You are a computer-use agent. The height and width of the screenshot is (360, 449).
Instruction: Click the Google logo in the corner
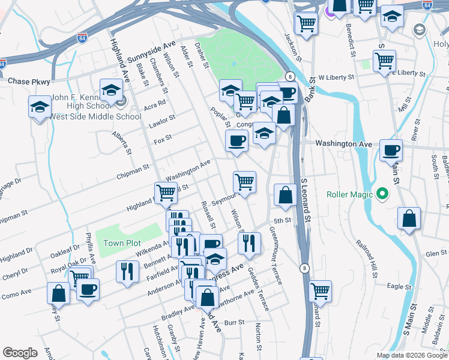[20, 353]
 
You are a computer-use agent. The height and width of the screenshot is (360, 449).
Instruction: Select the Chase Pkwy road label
[28, 80]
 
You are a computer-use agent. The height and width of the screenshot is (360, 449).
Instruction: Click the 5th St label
[282, 220]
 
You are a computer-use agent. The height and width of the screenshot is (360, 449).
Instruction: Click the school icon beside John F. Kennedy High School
[111, 91]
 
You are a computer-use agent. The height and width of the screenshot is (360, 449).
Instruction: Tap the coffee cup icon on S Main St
[391, 150]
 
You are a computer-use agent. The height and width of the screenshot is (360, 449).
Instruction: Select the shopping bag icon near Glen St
[409, 219]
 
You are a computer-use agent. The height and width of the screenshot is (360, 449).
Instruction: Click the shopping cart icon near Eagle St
[321, 291]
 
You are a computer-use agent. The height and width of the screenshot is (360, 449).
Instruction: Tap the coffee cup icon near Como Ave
[88, 289]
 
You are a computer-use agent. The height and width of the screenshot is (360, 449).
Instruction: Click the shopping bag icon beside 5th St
[285, 194]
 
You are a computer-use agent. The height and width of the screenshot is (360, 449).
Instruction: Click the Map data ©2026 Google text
[412, 355]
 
